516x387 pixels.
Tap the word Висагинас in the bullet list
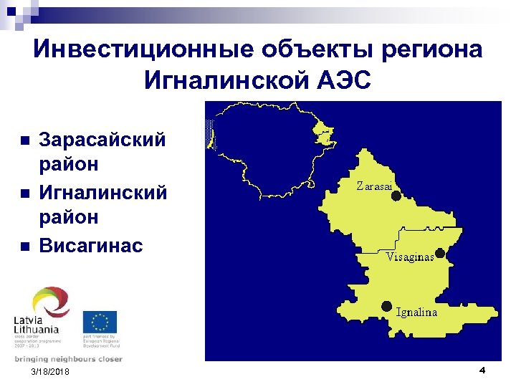91,246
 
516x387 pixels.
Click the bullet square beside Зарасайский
24,140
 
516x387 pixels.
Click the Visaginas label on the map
410,257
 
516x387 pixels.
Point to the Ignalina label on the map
416,312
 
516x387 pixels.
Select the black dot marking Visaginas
440,253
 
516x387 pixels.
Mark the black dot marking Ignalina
387,305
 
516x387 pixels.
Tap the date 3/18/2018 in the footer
51,373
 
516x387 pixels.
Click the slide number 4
482,370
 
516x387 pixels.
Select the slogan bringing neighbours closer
68,359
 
